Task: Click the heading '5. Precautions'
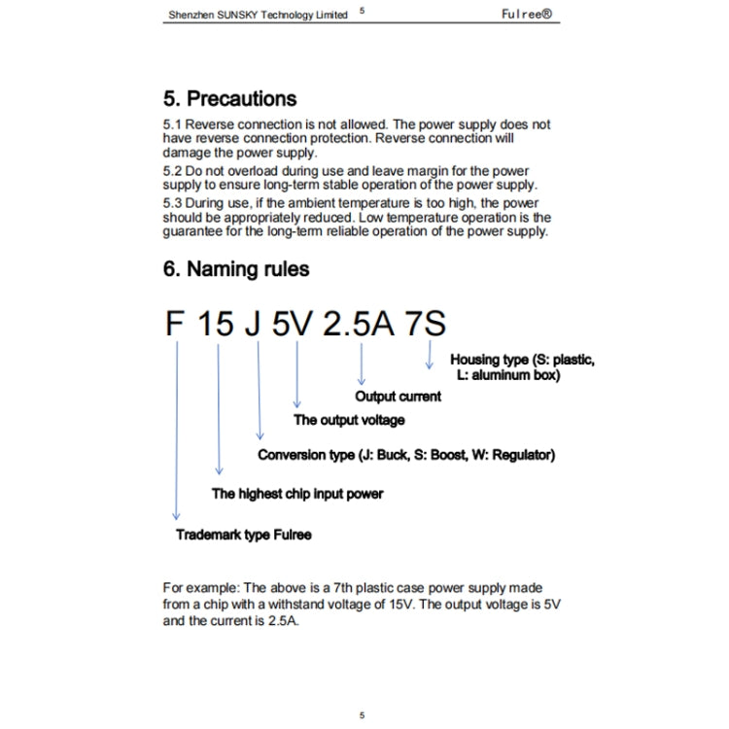(x=229, y=99)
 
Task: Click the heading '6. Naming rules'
(x=236, y=269)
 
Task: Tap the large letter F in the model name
(x=175, y=324)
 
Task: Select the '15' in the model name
(x=218, y=324)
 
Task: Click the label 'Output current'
(x=398, y=397)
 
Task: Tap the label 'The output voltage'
(x=349, y=420)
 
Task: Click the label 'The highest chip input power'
(x=297, y=494)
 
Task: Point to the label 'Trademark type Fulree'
(x=243, y=535)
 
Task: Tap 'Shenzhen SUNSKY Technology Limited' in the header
(x=257, y=16)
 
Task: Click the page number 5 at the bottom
(x=362, y=715)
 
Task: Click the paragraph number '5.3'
(x=172, y=203)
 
